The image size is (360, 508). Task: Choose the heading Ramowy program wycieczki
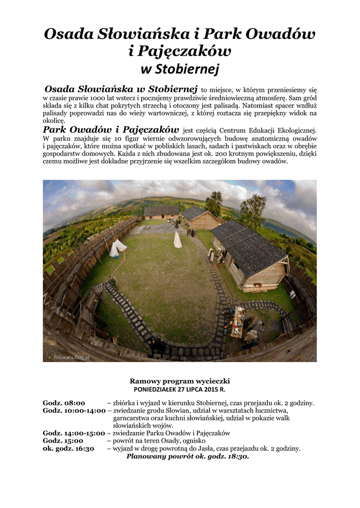coord(180,381)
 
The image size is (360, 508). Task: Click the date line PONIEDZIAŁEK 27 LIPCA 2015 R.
coord(180,389)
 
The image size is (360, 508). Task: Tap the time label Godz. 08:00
coord(64,403)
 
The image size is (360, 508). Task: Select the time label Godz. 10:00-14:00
coord(74,410)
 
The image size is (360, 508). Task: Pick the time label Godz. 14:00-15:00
coord(74,433)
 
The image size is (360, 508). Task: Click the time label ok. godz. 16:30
coord(69,448)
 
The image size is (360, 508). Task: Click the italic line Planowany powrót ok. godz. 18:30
coord(188,456)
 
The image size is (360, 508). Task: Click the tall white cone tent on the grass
coord(177,240)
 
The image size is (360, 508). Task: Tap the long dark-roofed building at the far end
coord(161,212)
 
